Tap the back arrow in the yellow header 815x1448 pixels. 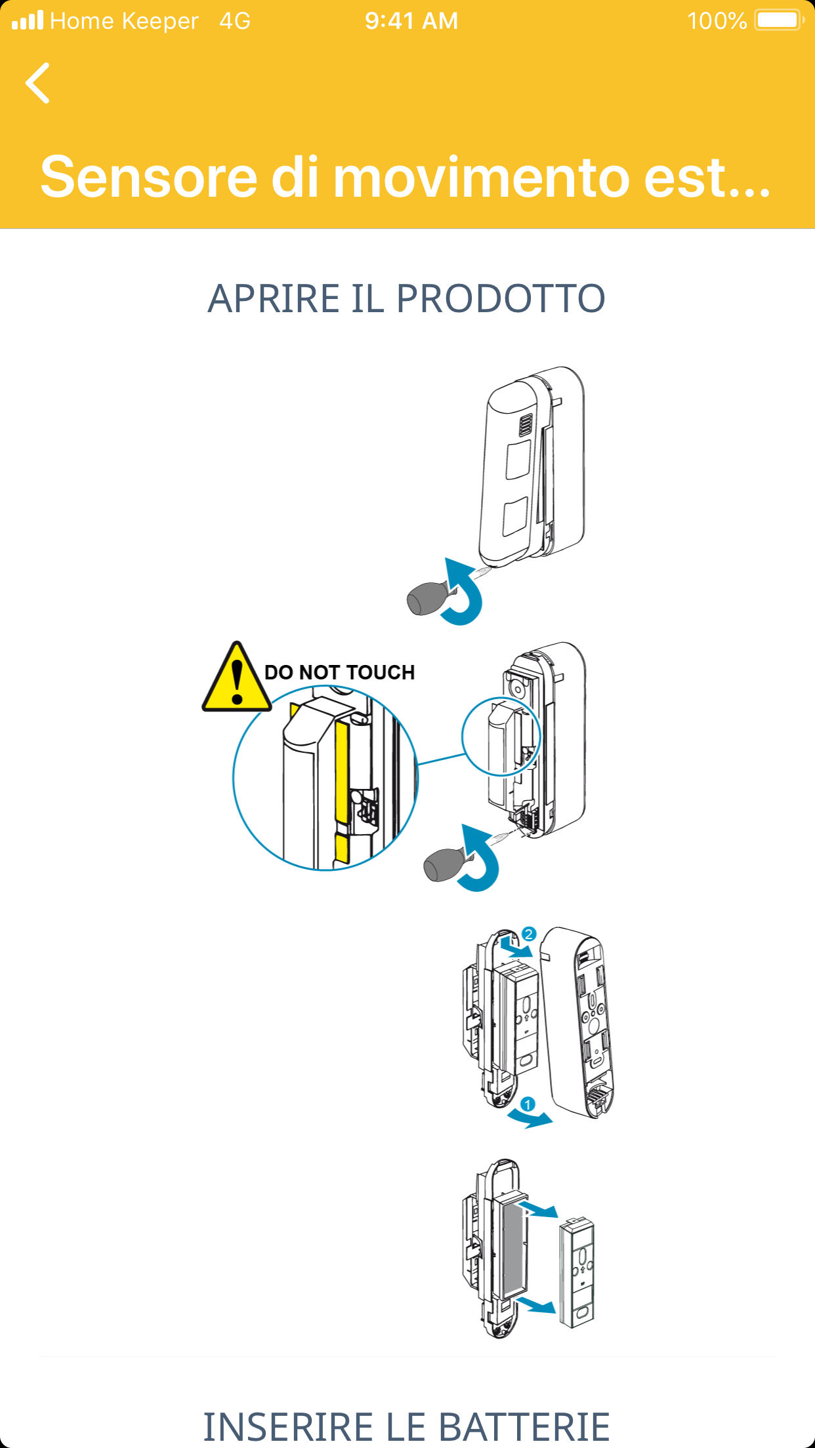[x=37, y=83]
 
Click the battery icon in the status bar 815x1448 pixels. [x=780, y=20]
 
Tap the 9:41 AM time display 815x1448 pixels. [x=411, y=21]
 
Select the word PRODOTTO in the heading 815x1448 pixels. [x=501, y=298]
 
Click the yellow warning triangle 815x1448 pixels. [x=237, y=677]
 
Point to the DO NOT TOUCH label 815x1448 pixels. [x=339, y=672]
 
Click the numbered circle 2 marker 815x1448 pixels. [x=529, y=934]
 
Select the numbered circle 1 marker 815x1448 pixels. [x=528, y=1104]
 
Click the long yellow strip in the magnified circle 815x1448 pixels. [x=341, y=771]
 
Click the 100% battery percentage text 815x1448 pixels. [x=717, y=21]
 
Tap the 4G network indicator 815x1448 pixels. [x=235, y=21]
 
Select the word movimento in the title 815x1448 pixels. [x=482, y=177]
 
